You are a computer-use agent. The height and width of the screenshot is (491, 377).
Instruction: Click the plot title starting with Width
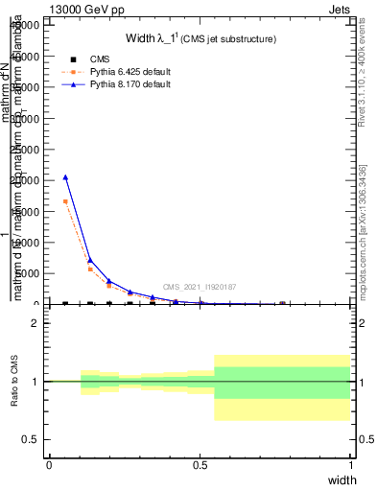[201, 39]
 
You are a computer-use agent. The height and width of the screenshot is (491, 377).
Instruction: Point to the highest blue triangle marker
[66, 176]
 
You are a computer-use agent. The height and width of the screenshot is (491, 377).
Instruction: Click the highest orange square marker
[66, 201]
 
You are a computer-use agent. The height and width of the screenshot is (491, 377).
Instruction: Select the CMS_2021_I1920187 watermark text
[200, 287]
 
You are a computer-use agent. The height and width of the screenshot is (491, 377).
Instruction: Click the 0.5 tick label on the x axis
[200, 465]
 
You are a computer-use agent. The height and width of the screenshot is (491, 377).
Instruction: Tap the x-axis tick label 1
[351, 465]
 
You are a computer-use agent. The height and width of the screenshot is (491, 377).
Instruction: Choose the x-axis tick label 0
[49, 465]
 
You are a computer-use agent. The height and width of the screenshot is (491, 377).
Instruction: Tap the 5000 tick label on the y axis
[28, 273]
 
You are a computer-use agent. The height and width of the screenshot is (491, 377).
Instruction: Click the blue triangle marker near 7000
[90, 260]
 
